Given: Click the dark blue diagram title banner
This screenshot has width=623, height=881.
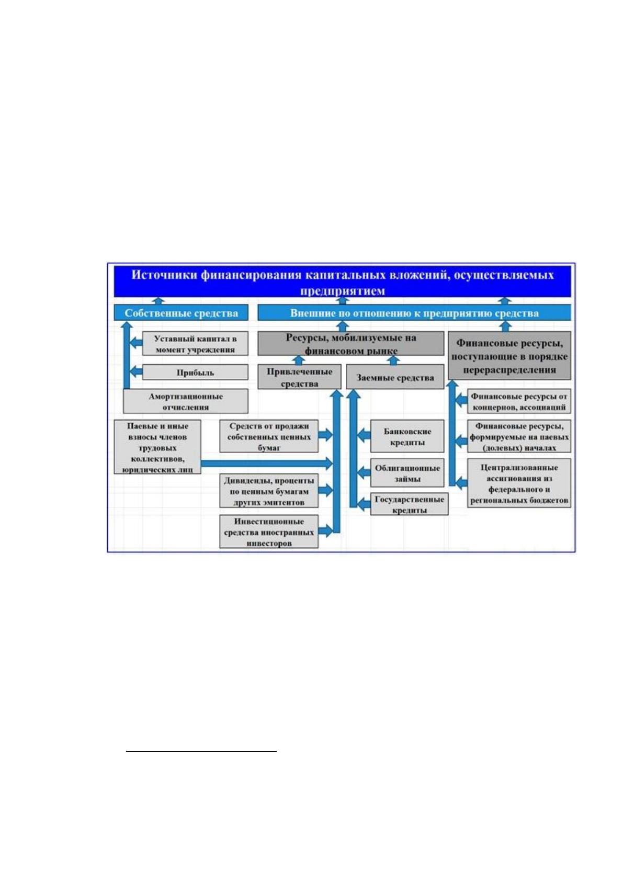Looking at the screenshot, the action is click(x=342, y=281).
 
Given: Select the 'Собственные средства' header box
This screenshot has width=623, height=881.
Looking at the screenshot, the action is click(x=181, y=313).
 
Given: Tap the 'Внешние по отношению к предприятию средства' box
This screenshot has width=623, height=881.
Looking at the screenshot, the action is click(x=414, y=313).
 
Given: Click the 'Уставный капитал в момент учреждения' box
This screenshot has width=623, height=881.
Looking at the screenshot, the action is click(x=195, y=344).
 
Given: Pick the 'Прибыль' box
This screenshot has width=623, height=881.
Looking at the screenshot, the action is click(x=195, y=372).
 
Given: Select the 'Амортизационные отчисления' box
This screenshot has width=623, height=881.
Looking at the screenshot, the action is click(x=186, y=401).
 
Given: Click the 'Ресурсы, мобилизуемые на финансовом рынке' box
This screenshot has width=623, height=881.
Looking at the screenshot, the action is click(x=351, y=343).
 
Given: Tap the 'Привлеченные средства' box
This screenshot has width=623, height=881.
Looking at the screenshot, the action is click(x=299, y=377).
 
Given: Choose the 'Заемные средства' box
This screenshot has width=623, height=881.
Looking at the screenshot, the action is click(x=395, y=377).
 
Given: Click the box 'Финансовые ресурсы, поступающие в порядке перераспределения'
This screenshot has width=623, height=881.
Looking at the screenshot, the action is click(x=509, y=356).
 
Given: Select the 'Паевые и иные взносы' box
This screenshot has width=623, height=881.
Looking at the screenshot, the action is click(x=157, y=447).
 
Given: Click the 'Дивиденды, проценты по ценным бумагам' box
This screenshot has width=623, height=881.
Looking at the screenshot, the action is click(x=269, y=490).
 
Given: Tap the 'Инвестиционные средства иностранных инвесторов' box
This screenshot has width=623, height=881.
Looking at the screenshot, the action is click(x=269, y=532).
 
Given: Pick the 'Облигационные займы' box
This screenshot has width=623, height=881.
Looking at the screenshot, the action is click(x=407, y=473).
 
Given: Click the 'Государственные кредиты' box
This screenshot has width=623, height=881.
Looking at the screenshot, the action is click(x=409, y=504).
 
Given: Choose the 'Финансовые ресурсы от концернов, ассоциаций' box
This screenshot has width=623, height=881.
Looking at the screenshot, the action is click(x=519, y=401).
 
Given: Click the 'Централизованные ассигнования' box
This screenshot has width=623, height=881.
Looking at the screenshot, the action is click(x=519, y=483).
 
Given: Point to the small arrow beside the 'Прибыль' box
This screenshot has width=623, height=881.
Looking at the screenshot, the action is click(x=136, y=371).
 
